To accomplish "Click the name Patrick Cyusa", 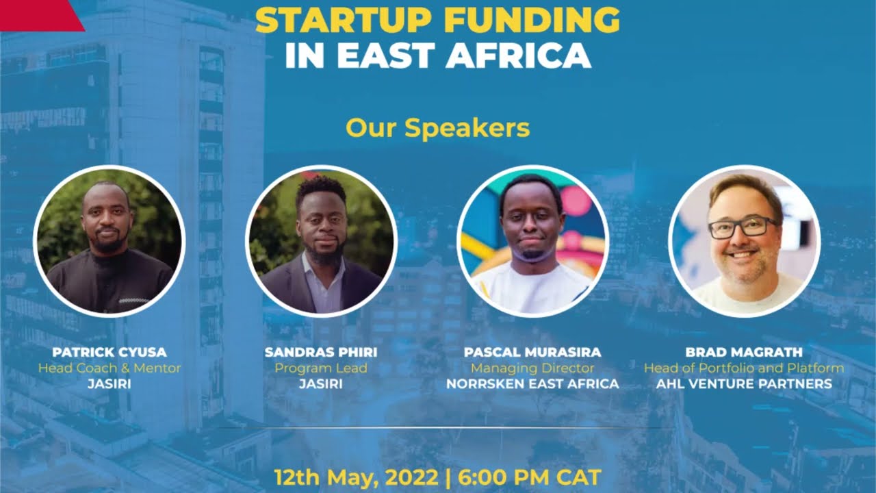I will pyautogui.click(x=109, y=353).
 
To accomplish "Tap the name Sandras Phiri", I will pyautogui.click(x=321, y=353).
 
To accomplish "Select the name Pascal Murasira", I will pyautogui.click(x=532, y=353).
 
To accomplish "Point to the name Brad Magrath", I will pyautogui.click(x=744, y=353).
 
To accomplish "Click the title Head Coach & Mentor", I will pyautogui.click(x=109, y=368).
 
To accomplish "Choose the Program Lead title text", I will pyautogui.click(x=321, y=368).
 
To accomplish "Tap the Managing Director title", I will pyautogui.click(x=532, y=368).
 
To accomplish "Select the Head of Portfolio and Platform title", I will pyautogui.click(x=744, y=368).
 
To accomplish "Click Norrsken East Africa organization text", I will pyautogui.click(x=532, y=384).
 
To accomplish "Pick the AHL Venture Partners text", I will pyautogui.click(x=744, y=384).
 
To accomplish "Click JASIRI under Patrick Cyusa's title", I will pyautogui.click(x=109, y=384).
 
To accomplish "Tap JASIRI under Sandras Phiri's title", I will pyautogui.click(x=321, y=384).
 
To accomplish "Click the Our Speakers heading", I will pyautogui.click(x=437, y=128).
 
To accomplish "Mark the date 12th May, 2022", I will pyautogui.click(x=356, y=477).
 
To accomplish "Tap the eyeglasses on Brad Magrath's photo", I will pyautogui.click(x=743, y=227).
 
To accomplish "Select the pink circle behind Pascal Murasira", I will pyautogui.click(x=576, y=201).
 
